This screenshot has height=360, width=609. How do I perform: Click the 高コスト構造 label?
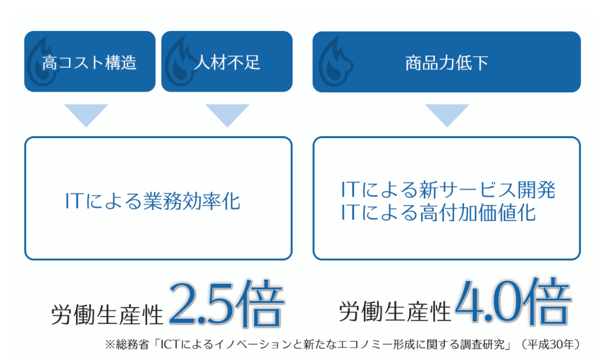click(89, 62)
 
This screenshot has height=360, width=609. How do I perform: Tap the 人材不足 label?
click(227, 62)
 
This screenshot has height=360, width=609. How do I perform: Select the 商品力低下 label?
click(447, 62)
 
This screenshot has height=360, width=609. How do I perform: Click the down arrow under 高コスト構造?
click(86, 115)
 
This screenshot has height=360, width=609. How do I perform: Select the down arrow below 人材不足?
click(227, 115)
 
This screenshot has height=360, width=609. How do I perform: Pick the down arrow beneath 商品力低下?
click(447, 115)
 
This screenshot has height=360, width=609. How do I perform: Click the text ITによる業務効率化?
click(153, 201)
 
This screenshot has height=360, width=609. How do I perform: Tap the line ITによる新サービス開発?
click(448, 189)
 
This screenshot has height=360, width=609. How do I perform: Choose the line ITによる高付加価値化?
click(438, 212)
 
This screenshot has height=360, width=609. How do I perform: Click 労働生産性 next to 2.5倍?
click(107, 314)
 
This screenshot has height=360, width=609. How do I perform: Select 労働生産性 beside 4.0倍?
click(395, 311)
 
